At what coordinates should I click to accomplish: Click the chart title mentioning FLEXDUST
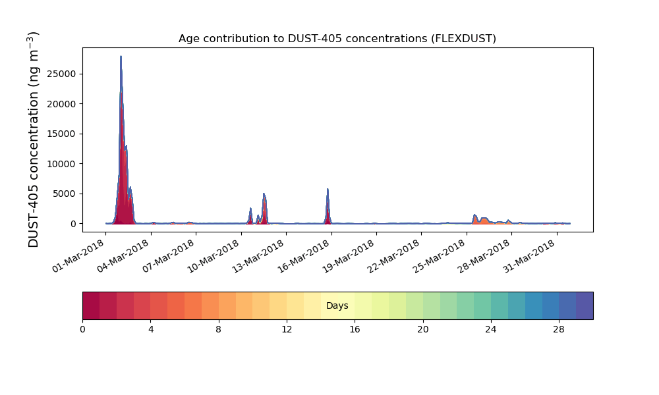tap(337, 39)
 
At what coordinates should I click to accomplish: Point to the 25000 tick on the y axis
tap(65, 74)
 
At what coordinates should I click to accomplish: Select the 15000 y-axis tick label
tap(65, 134)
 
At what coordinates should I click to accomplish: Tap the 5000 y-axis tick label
tap(68, 194)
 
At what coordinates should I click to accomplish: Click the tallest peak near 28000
tap(121, 58)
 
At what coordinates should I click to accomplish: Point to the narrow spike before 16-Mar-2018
tap(328, 191)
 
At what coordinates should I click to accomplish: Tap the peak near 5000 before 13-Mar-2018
tap(264, 195)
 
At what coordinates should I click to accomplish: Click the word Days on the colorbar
tap(337, 306)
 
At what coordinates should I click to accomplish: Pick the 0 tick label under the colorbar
tap(82, 329)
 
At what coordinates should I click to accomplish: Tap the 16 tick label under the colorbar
tap(355, 329)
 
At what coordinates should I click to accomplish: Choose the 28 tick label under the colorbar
tap(559, 329)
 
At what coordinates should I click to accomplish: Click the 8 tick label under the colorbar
tap(218, 329)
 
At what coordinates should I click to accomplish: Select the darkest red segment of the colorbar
tap(91, 305)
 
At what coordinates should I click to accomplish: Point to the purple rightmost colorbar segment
tap(585, 305)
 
